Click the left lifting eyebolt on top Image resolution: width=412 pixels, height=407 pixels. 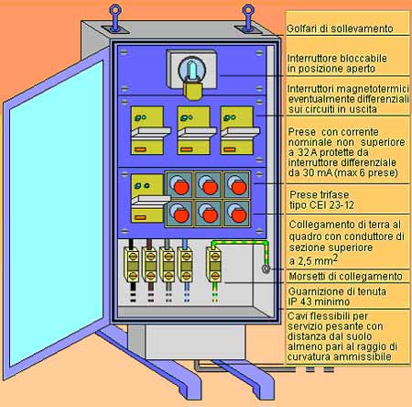pos(115,17)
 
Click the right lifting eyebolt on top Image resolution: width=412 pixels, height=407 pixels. pos(248,17)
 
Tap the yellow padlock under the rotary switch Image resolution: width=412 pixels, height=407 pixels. pos(192,91)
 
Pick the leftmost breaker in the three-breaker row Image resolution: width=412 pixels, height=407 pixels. pos(149,130)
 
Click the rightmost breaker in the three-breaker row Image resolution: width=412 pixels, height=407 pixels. pos(239,130)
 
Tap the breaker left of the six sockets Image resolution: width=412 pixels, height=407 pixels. pos(149,198)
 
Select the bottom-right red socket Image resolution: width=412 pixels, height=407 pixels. pos(237,214)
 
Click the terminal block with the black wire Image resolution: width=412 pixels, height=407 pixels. pos(132,265)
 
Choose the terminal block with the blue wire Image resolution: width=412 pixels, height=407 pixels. pos(185,265)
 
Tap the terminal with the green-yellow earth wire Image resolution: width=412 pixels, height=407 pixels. pos(213,265)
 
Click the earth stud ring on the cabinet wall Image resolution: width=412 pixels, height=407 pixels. pos(266,269)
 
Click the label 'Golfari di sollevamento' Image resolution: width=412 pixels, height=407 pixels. pos(340,28)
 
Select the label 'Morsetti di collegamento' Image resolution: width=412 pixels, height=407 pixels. pos(345,276)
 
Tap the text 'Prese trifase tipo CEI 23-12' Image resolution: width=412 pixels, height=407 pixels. pos(321,200)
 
